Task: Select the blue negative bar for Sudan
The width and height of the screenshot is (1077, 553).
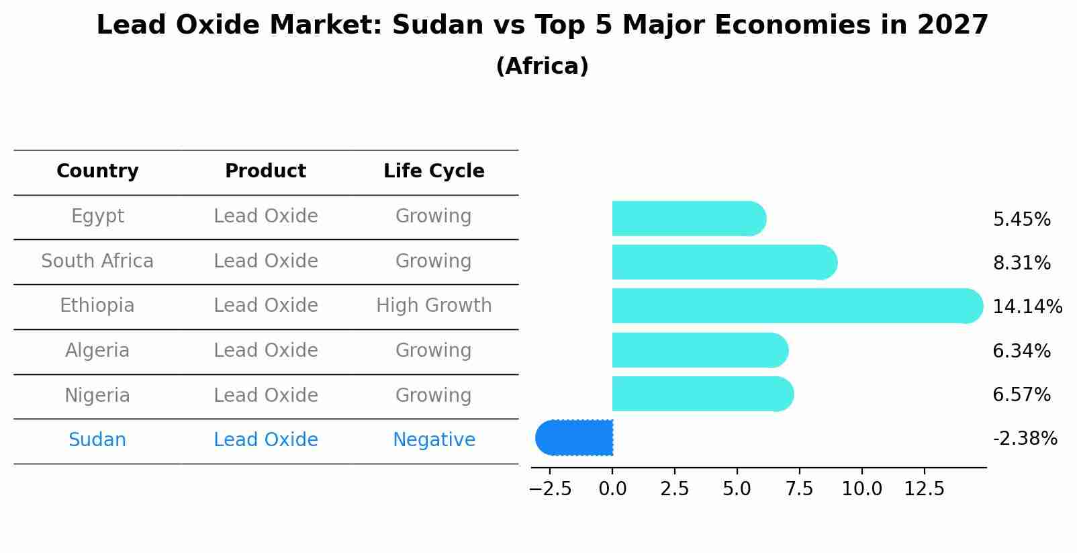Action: (575, 438)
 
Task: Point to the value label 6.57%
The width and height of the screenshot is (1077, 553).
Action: (1021, 395)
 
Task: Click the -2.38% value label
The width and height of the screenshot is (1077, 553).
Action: (1025, 439)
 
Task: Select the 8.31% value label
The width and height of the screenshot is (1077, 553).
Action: (1021, 263)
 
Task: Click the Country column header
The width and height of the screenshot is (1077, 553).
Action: (97, 171)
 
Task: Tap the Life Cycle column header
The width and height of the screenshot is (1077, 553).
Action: (434, 171)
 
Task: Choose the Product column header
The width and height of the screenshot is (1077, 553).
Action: (265, 171)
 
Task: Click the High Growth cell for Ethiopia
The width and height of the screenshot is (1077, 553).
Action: (434, 306)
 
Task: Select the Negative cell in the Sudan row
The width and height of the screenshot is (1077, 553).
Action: (434, 440)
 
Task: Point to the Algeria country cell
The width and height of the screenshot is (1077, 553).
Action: (97, 351)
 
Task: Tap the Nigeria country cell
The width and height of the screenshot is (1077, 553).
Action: (97, 396)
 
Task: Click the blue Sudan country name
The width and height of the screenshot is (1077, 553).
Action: (97, 440)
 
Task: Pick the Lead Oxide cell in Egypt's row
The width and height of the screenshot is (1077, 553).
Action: (266, 216)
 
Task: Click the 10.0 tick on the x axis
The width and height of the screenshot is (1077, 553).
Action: (861, 489)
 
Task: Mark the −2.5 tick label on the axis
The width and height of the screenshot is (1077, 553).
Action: (551, 489)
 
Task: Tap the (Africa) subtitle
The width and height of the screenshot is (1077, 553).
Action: (542, 67)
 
